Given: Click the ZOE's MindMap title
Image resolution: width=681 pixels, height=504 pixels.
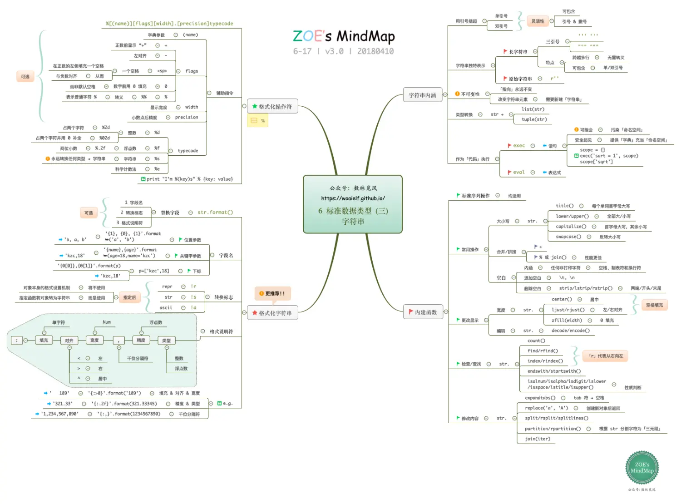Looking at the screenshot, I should tap(344, 36).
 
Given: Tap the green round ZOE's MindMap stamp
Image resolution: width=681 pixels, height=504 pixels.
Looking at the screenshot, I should tap(642, 468).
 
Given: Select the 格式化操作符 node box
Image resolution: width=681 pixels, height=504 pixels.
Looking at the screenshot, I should tap(272, 107).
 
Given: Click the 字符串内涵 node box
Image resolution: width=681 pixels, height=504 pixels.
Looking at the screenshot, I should tap(422, 95).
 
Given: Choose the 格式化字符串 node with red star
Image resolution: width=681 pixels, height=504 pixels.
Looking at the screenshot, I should tap(272, 313).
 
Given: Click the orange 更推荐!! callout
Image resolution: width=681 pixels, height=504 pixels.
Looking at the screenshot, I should tap(272, 294).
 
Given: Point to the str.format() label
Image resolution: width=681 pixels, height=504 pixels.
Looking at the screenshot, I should tap(215, 212).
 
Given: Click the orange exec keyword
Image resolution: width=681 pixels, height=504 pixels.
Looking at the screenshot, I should tap(519, 146).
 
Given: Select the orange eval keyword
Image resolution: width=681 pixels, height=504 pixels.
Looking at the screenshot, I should tap(519, 173).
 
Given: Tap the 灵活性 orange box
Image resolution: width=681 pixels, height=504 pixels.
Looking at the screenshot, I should tap(538, 21).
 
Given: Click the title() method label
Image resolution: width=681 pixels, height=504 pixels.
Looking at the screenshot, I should tap(565, 206).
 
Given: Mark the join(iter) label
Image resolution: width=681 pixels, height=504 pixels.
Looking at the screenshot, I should tap(538, 439).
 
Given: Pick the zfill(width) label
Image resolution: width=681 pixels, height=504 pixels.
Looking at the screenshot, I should tap(567, 321).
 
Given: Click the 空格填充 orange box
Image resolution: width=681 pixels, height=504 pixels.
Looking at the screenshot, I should tap(654, 305).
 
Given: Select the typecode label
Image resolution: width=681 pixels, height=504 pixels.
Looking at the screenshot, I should tap(188, 151).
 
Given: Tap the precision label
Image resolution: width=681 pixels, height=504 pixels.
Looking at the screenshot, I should tap(187, 118).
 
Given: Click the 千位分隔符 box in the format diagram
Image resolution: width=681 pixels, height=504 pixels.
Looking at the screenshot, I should tap(138, 359).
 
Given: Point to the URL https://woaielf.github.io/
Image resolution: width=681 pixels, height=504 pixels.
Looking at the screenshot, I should tap(353, 198).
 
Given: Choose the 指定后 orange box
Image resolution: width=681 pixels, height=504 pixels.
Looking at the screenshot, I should tap(129, 298).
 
